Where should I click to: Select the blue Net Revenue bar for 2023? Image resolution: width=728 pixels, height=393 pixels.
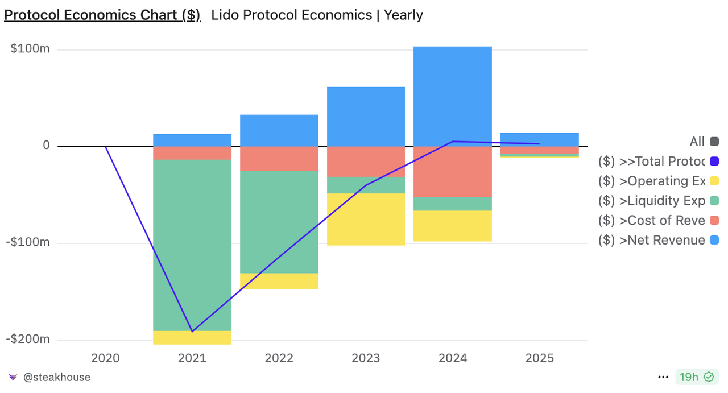366,117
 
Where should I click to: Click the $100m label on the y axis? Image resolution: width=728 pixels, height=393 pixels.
30,49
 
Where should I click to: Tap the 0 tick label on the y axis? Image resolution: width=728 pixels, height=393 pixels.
46,146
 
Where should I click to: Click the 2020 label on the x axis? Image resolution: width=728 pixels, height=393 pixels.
105,358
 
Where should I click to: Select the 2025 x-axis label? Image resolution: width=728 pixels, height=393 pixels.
539,358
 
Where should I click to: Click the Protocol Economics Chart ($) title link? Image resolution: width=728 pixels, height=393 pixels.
102,15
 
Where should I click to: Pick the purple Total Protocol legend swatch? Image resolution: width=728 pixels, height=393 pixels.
714,162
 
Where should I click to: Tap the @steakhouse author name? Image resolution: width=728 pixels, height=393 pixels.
56,377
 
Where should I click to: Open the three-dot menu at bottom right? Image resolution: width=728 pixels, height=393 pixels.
663,377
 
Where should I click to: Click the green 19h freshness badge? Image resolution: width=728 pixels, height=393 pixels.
695,377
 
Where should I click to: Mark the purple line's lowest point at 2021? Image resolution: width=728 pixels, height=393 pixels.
192,331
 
